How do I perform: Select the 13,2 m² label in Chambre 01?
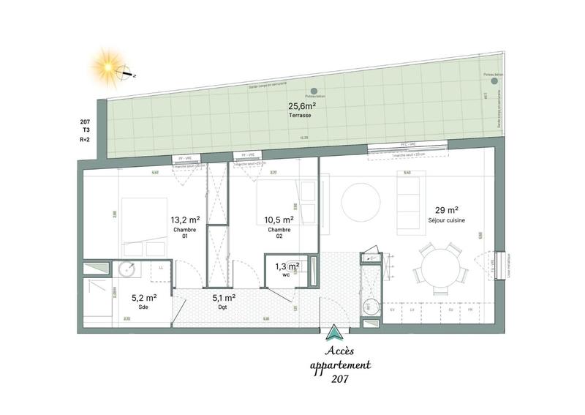[x=186, y=219]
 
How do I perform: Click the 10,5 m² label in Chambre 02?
[x=279, y=219]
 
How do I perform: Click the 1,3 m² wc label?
[x=283, y=266]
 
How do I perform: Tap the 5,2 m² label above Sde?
[x=143, y=297]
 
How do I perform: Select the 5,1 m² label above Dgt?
[x=223, y=297]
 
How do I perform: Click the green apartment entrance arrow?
[x=335, y=333]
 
